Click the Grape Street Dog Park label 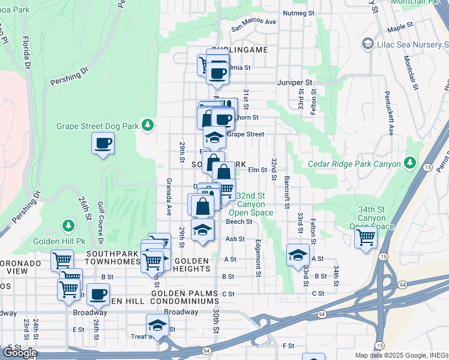(97, 126)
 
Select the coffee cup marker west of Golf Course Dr (103, 143)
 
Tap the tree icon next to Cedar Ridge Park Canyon (410, 163)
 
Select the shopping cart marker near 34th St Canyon (365, 237)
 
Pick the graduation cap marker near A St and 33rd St (298, 255)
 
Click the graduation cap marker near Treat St (157, 325)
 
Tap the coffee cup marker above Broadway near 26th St (98, 295)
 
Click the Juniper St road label (295, 82)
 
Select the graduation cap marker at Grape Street (214, 138)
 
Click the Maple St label (401, 28)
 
